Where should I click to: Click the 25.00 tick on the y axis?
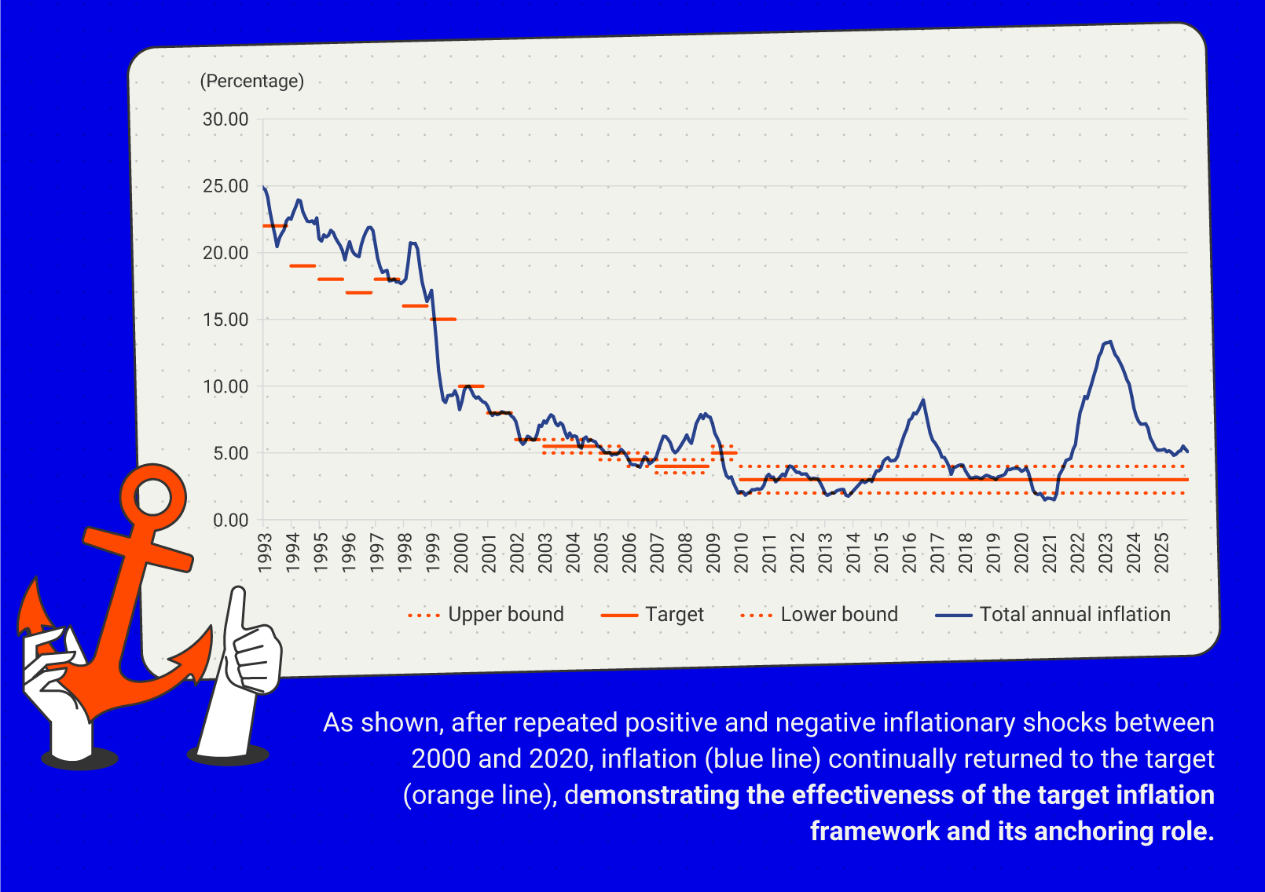tap(225, 187)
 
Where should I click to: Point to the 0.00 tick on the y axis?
tap(230, 521)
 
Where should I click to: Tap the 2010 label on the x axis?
tap(741, 552)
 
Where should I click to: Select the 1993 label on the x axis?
tap(265, 552)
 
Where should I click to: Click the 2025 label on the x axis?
tap(1161, 552)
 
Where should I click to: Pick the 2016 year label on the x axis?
tap(909, 552)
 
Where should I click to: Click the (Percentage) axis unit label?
tap(251, 82)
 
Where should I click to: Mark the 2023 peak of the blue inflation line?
tap(1109, 342)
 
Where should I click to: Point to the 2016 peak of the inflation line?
tap(923, 400)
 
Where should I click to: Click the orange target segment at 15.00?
tap(443, 319)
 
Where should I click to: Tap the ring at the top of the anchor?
tap(153, 496)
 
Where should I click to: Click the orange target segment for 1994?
tap(302, 265)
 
